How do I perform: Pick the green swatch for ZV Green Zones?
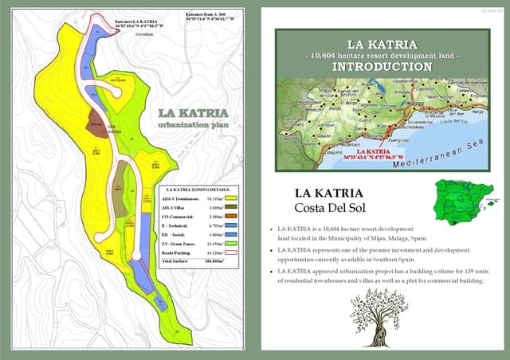point(233,243)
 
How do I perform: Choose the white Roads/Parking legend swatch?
point(233,252)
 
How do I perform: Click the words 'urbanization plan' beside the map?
point(193,126)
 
